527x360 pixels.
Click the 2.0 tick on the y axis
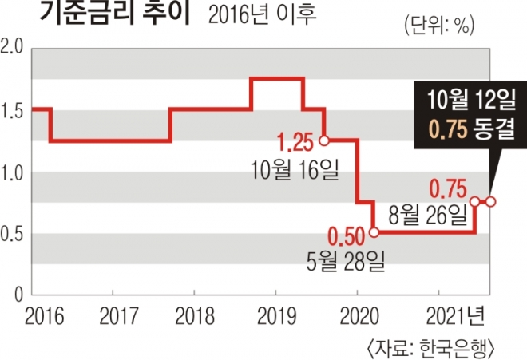[x=13, y=49]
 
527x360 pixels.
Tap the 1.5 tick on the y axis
[x=13, y=111]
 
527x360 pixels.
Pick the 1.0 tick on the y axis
[x=13, y=172]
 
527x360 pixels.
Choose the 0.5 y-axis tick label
[x=13, y=234]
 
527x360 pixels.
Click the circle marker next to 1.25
[x=323, y=140]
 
